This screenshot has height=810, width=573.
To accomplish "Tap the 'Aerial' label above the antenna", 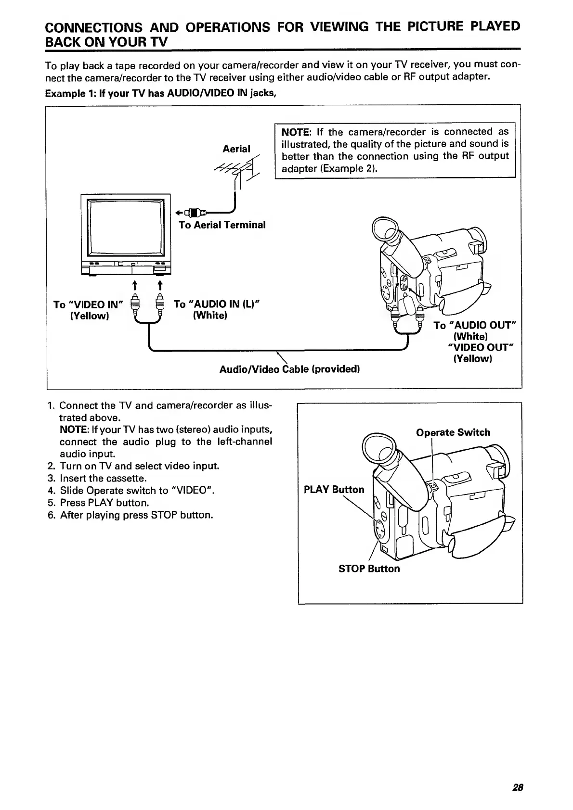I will click(236, 149).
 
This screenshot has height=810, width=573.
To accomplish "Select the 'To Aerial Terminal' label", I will click(222, 225).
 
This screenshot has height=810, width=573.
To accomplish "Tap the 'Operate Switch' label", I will click(453, 432).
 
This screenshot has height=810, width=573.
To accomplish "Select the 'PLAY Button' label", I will click(334, 490).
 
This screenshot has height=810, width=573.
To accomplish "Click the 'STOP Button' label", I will click(369, 569).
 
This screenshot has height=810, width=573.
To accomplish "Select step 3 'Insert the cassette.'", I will click(103, 479).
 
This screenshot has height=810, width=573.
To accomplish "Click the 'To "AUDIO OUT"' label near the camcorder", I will click(475, 326).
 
